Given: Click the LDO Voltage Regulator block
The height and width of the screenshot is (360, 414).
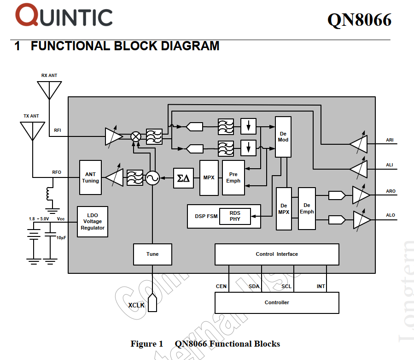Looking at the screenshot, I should pos(93,222).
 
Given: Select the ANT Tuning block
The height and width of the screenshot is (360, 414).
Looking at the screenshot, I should pos(90,177).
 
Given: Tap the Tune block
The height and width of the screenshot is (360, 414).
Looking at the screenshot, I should pos(152,254).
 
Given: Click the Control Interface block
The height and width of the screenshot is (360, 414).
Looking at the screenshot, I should pos(277,254).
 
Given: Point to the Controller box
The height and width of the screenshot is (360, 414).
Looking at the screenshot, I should pos(277,302).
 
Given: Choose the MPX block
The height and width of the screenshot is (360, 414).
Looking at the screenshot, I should pos(209,177).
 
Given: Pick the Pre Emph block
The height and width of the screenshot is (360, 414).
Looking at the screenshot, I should pos(233,177).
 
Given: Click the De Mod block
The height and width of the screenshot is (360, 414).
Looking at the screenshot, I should pos(283,136).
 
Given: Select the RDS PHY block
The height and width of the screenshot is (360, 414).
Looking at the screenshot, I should pos(235,216).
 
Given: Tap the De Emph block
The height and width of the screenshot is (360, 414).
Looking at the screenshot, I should pos(307,208).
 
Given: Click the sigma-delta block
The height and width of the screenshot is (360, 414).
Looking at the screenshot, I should pos(183,178).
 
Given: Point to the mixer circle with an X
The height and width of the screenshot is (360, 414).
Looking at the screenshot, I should pos(136,136).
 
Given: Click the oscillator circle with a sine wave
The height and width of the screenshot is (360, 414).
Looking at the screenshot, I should pos(152,178).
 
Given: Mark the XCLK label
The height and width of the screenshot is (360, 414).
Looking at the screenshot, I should pos(136,305).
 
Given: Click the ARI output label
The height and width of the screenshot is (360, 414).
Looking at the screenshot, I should pos(390,140).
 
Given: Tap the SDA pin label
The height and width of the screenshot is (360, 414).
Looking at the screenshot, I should pos(254,286).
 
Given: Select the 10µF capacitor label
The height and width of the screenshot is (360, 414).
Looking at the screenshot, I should pos(61,237).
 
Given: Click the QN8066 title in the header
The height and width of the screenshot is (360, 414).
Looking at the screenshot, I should pos(359,19).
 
